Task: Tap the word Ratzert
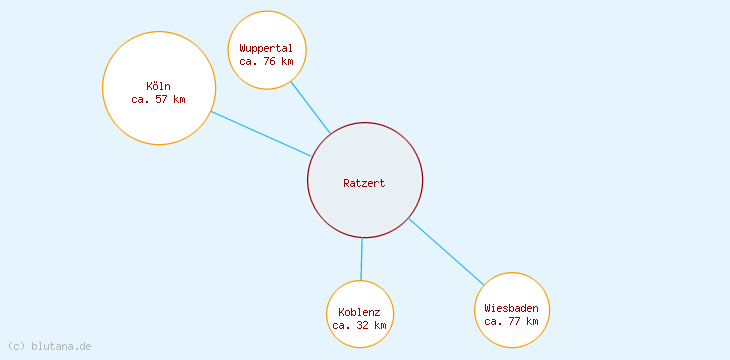point(364,183)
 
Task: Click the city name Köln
point(158,86)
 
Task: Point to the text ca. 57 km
point(158,99)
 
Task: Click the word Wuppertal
point(266,48)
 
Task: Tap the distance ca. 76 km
point(266,61)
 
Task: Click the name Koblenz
point(359,312)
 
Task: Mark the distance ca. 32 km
point(359,325)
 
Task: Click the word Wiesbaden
point(511,308)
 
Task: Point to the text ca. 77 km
point(511,321)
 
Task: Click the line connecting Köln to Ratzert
point(260,133)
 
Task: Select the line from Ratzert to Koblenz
point(361,259)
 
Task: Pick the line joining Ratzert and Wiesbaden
point(446,251)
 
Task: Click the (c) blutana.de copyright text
point(50,346)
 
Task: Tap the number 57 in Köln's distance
point(163,99)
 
